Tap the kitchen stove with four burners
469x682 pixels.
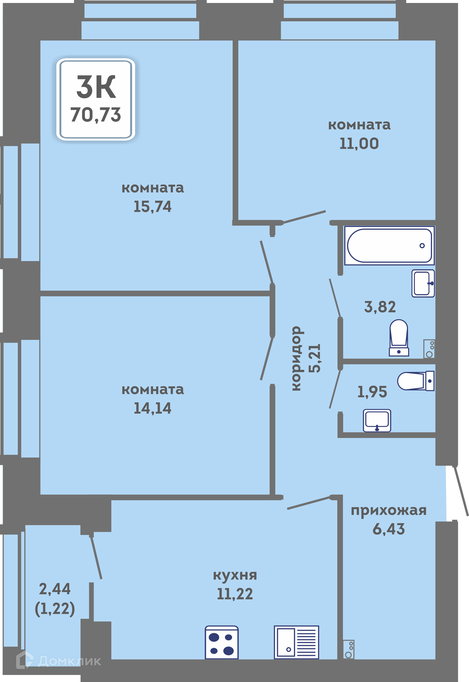click(x=222, y=642)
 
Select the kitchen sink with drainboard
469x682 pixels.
click(x=296, y=642)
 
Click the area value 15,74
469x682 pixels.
click(x=152, y=207)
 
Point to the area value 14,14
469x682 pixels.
click(x=152, y=408)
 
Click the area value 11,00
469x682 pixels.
click(x=359, y=143)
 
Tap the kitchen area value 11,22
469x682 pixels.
click(x=235, y=594)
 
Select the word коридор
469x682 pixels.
click(x=297, y=359)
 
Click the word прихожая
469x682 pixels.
click(x=388, y=511)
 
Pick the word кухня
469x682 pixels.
click(x=235, y=575)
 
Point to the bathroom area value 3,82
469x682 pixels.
click(x=380, y=307)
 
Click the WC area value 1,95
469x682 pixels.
click(x=372, y=392)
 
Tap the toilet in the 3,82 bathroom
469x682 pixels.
click(x=399, y=338)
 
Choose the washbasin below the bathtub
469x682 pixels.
click(x=423, y=283)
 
